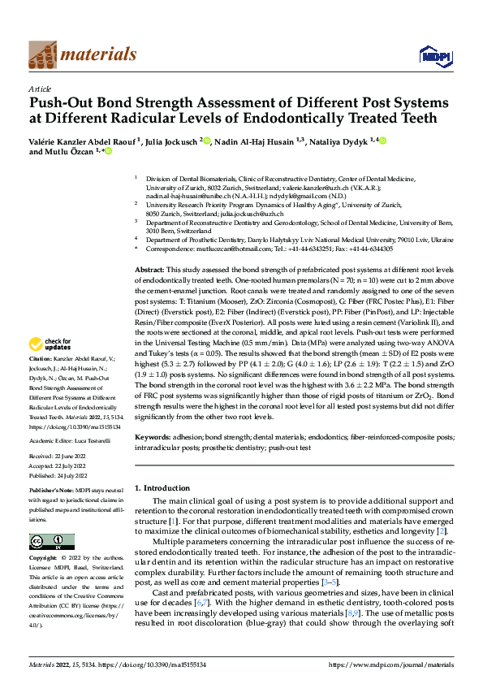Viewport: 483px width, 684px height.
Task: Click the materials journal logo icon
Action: click(x=43, y=54)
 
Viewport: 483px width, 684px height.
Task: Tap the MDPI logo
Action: click(x=431, y=54)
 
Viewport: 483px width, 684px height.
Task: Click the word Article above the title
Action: click(x=40, y=89)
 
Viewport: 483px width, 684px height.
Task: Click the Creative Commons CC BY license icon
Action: click(x=51, y=542)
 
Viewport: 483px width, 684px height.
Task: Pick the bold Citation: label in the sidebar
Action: click(x=43, y=381)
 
